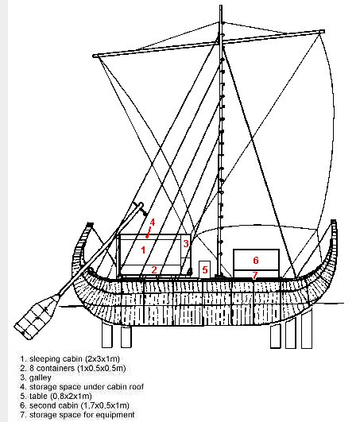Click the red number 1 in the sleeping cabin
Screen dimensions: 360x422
coord(143,250)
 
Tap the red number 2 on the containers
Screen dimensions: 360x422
coord(154,269)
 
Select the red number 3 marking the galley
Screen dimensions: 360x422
coord(186,243)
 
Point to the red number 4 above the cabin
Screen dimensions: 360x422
coord(153,223)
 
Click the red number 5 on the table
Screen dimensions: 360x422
coord(205,269)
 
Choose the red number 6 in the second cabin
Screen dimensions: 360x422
coord(256,260)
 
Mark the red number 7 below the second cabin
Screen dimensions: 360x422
coord(254,275)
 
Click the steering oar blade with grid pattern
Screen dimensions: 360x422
coord(37,317)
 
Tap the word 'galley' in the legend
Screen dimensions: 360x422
coord(40,377)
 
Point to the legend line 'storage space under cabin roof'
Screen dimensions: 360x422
coord(87,387)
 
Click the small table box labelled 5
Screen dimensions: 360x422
coord(204,269)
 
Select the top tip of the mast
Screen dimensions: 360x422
coord(221,6)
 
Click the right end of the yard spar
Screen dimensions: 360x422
coord(323,32)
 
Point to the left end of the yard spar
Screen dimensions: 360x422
coord(95,56)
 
